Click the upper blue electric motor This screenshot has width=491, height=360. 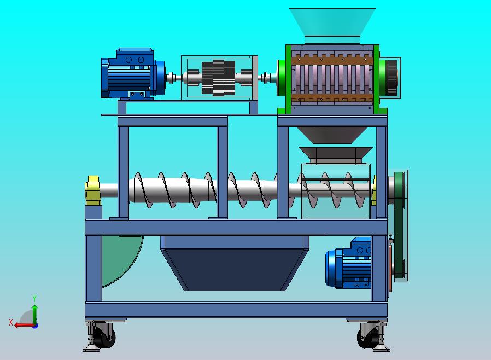(x=133, y=74)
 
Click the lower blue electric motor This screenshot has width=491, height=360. (x=348, y=263)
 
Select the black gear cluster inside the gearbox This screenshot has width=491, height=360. (x=218, y=78)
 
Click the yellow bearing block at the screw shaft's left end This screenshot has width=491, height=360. (x=93, y=190)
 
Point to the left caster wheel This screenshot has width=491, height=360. (x=105, y=338)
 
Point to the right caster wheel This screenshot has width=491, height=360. (x=368, y=338)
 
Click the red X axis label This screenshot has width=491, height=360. (x=11, y=322)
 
